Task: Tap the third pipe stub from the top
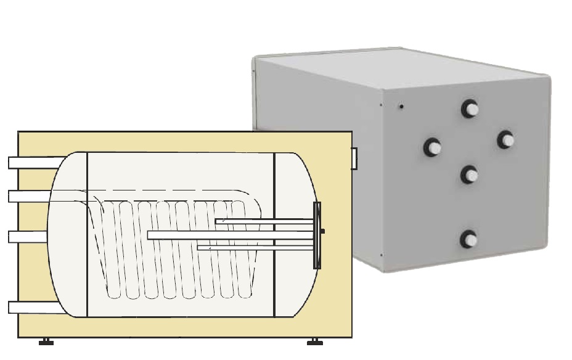[x=28, y=237]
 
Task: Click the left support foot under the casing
[x=46, y=342]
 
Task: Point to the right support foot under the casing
[x=314, y=342]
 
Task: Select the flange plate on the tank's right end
[x=317, y=235]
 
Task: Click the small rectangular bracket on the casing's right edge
[x=354, y=158]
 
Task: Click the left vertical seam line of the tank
[x=87, y=234]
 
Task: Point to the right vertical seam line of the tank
[x=274, y=234]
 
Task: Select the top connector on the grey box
[x=470, y=109]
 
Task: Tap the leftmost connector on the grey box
[x=432, y=147]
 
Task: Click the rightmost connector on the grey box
[x=506, y=140]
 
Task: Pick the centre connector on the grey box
[x=469, y=175]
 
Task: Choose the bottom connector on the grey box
[x=469, y=239]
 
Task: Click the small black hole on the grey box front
[x=401, y=107]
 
